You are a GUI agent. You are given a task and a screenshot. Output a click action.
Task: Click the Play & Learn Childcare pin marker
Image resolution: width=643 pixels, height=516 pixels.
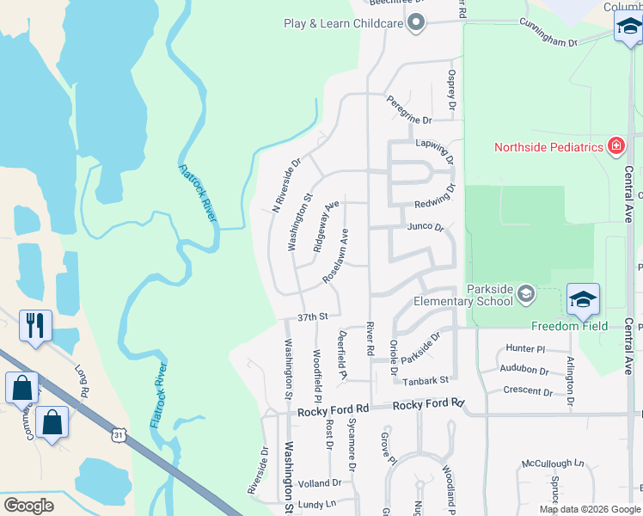pyautogui.click(x=417, y=23)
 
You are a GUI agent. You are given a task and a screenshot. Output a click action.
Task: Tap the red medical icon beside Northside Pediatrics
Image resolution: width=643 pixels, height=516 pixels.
pyautogui.click(x=615, y=146)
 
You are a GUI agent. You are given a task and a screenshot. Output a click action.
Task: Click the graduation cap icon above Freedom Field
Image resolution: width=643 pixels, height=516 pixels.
pyautogui.click(x=583, y=299)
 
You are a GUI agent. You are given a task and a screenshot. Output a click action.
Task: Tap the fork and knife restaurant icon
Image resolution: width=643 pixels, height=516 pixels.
pyautogui.click(x=35, y=325)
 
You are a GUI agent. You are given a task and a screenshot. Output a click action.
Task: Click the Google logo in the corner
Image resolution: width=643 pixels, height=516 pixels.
pyautogui.click(x=28, y=505)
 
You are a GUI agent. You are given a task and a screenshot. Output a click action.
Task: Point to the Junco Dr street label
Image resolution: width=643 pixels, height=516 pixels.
pyautogui.click(x=425, y=228)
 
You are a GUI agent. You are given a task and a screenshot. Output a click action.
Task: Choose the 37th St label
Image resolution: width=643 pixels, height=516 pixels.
pyautogui.click(x=313, y=316)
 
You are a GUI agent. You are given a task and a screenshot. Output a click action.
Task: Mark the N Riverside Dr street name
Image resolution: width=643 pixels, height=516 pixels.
pyautogui.click(x=286, y=184)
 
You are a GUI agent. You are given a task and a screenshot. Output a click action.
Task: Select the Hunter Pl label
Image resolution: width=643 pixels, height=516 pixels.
pyautogui.click(x=526, y=348)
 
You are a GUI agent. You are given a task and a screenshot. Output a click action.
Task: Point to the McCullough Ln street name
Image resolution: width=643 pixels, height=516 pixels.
pyautogui.click(x=552, y=464)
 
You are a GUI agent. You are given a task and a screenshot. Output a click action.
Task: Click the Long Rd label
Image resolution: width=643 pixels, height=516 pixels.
pyautogui.click(x=82, y=379)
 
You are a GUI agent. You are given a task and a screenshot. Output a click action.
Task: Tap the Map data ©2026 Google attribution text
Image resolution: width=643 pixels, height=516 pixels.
pyautogui.click(x=589, y=509)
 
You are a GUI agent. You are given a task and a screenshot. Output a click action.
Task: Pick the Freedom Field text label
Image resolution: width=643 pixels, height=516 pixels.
pyautogui.click(x=569, y=326)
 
